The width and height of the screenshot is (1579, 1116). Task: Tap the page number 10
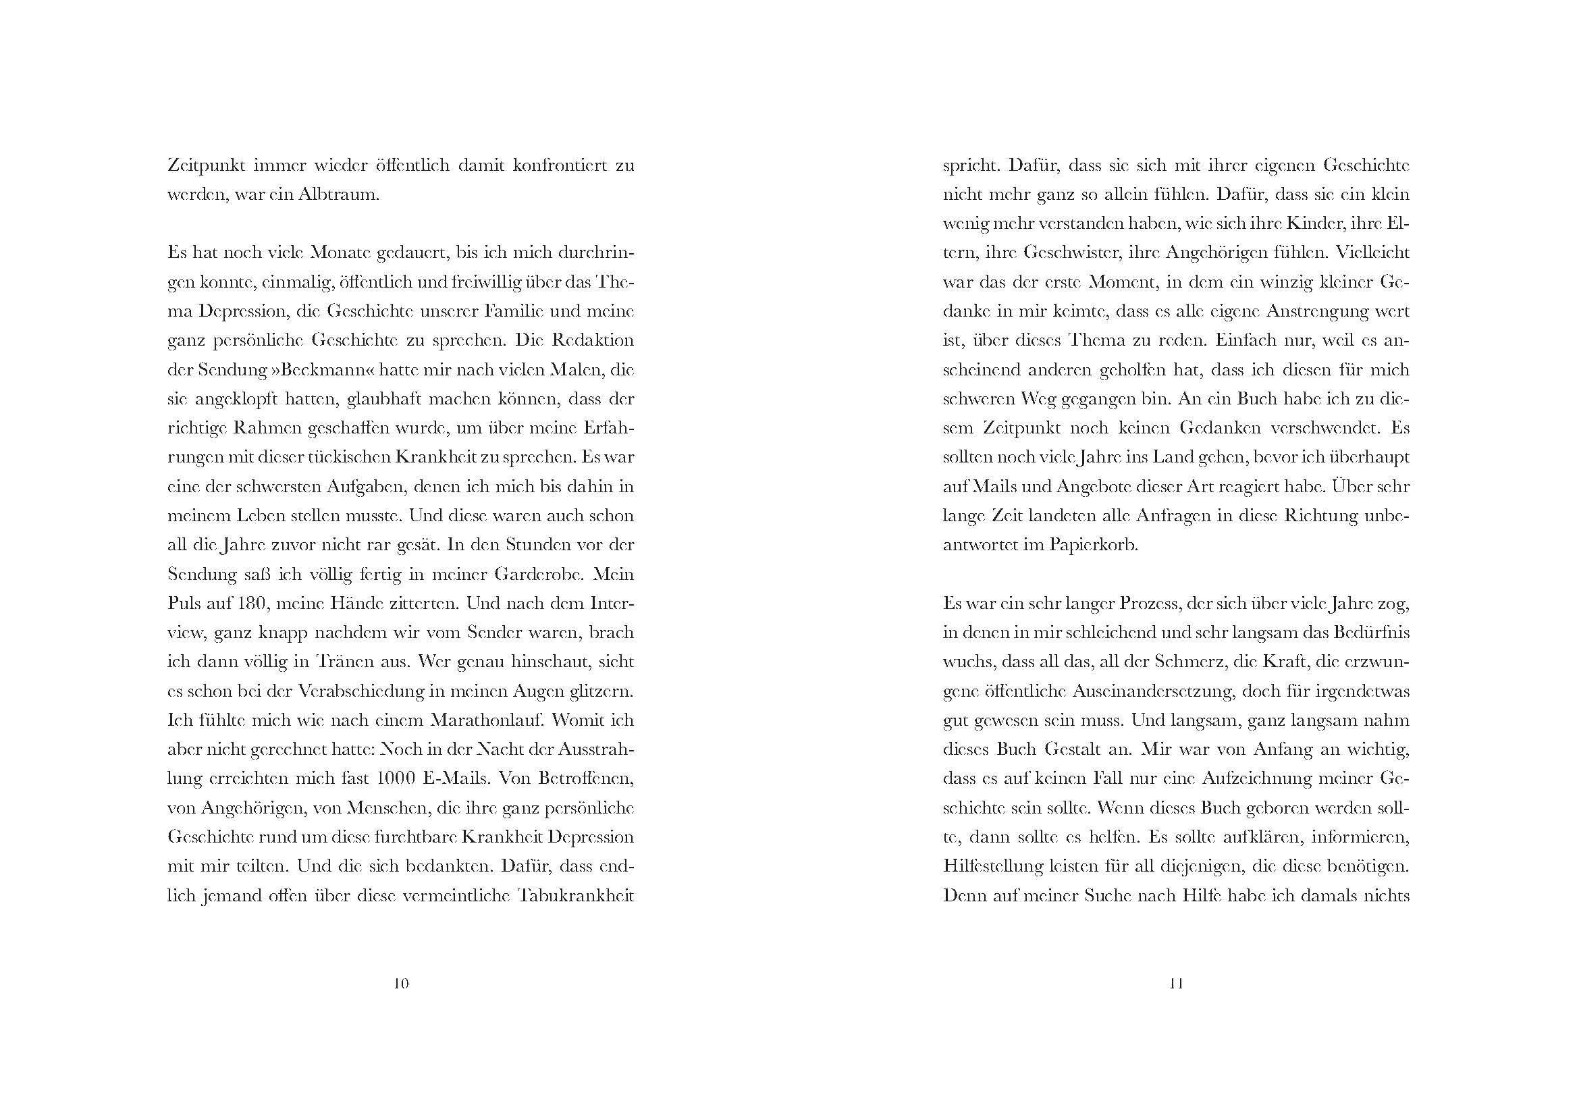pyautogui.click(x=401, y=983)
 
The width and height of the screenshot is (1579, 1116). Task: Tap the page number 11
pyautogui.click(x=1176, y=983)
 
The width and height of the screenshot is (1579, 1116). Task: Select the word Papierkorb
pyautogui.click(x=1093, y=546)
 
